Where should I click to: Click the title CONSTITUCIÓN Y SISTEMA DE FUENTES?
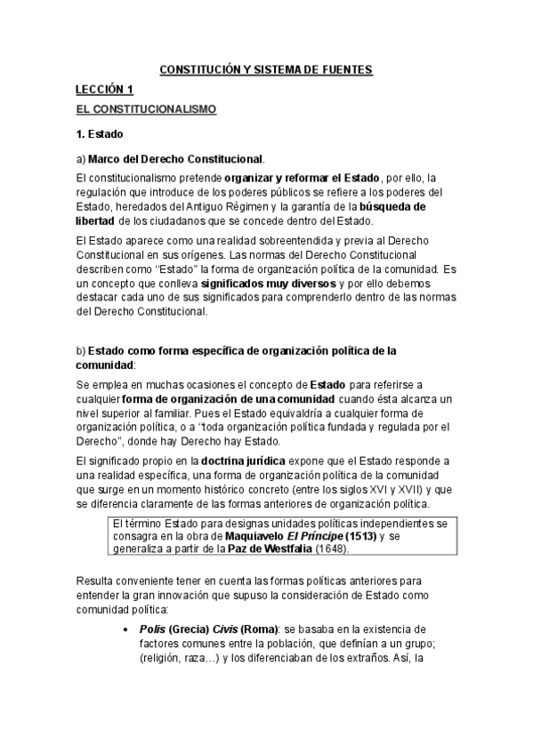point(266,68)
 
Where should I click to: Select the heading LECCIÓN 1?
point(104,90)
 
